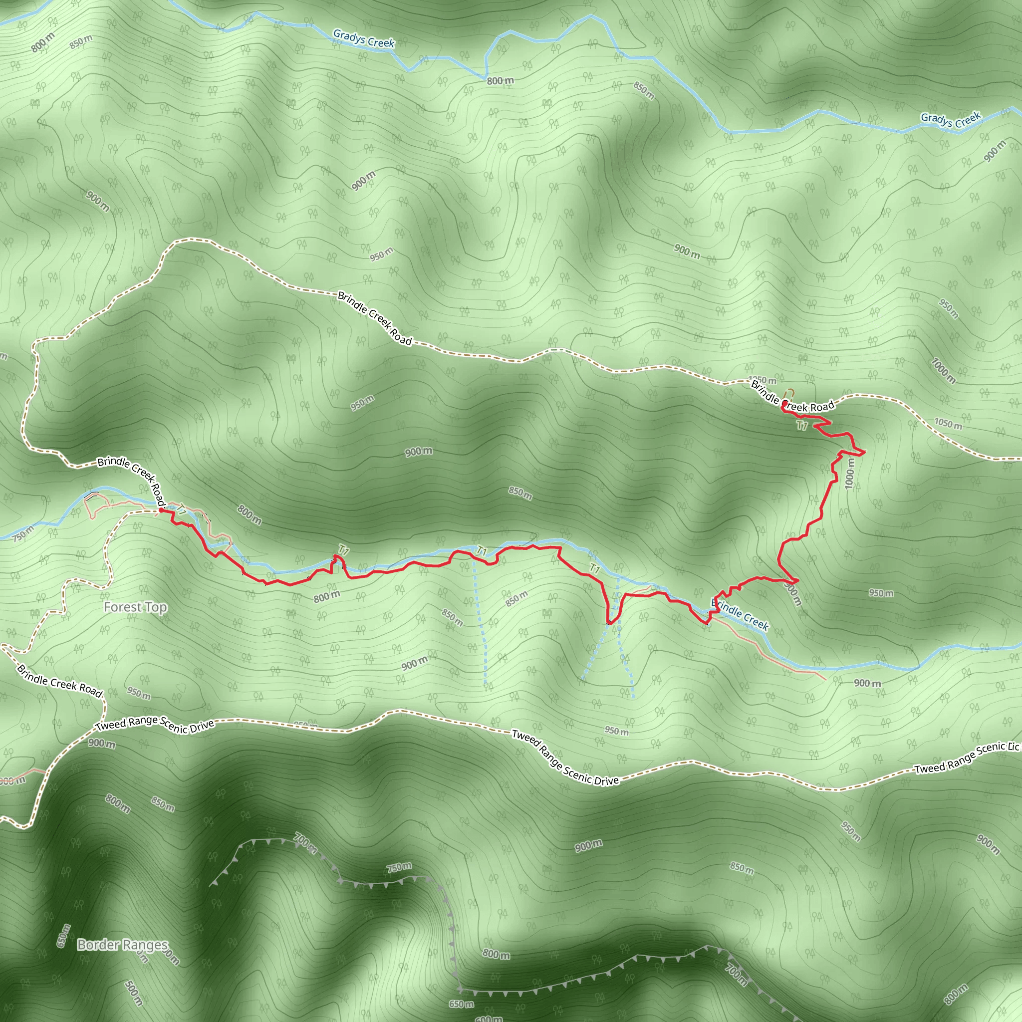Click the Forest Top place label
[135, 607]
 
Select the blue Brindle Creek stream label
[740, 615]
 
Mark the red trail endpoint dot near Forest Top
[161, 511]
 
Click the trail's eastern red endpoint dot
[784, 404]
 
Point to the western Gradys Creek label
[363, 38]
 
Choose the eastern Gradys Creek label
[951, 120]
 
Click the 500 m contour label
[133, 993]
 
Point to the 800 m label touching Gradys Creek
[500, 81]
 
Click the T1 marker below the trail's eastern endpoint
[802, 425]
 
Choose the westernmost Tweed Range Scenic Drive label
[155, 726]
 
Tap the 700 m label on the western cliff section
[305, 844]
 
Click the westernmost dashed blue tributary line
[480, 619]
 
